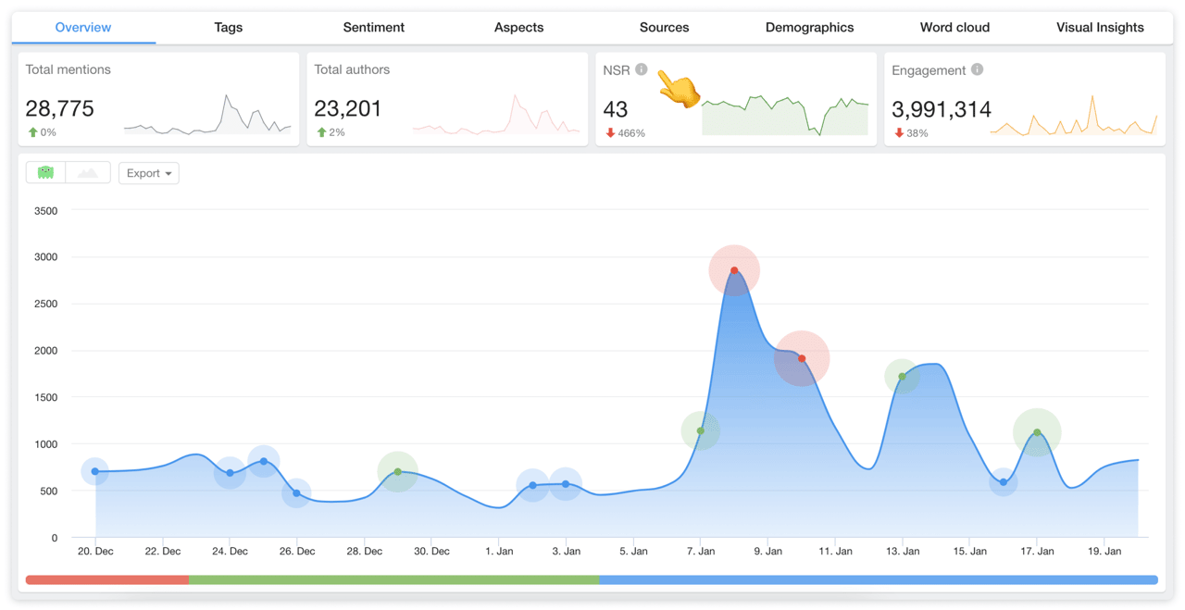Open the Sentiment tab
pyautogui.click(x=373, y=28)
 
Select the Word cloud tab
pyautogui.click(x=954, y=28)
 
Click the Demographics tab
pyautogui.click(x=809, y=28)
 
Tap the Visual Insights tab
pyautogui.click(x=1100, y=28)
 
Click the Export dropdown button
pyautogui.click(x=148, y=173)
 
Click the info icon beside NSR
pyautogui.click(x=642, y=69)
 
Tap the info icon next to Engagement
pyautogui.click(x=977, y=69)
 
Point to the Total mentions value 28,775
pyautogui.click(x=60, y=108)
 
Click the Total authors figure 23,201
pyautogui.click(x=348, y=108)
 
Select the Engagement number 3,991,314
pyautogui.click(x=942, y=109)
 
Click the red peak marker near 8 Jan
pyautogui.click(x=734, y=270)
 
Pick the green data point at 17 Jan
pyautogui.click(x=1037, y=432)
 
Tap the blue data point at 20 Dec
pyautogui.click(x=95, y=471)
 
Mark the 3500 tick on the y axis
pyautogui.click(x=44, y=211)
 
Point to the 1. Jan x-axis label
pyautogui.click(x=498, y=551)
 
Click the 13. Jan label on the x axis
pyautogui.click(x=902, y=551)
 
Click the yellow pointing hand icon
pyautogui.click(x=679, y=90)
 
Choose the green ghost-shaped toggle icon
pyautogui.click(x=45, y=172)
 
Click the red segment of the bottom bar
pyautogui.click(x=107, y=580)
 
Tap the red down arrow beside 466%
pyautogui.click(x=610, y=133)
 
